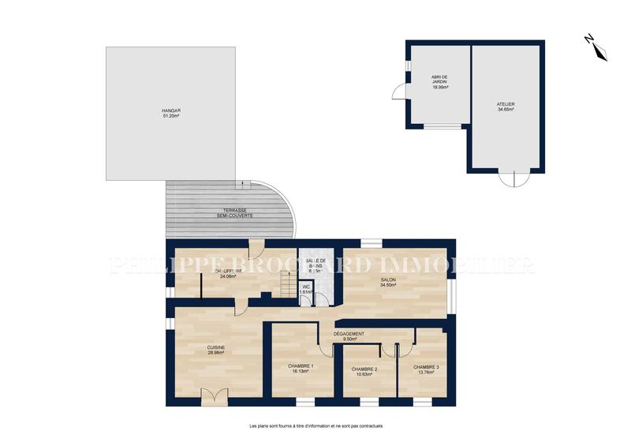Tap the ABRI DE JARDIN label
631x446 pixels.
(439, 79)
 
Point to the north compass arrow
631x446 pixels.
(598, 47)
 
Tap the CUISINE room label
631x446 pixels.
(216, 347)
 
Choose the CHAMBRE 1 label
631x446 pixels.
(301, 366)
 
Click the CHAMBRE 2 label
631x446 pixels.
(364, 369)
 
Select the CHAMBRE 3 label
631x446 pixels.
(427, 367)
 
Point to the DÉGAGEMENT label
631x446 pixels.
(349, 334)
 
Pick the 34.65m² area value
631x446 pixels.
(506, 110)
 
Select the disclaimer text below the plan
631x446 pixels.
(315, 426)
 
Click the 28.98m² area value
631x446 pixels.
(216, 353)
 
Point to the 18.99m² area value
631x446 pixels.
(439, 88)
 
